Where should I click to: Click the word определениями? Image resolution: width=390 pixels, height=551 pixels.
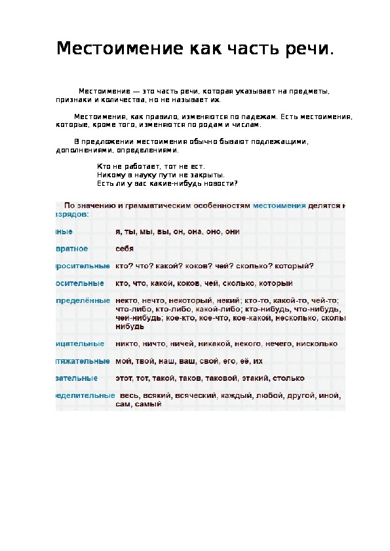[147, 150]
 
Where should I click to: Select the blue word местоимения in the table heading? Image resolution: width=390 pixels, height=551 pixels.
[280, 205]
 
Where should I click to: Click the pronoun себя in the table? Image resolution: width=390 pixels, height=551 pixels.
[125, 249]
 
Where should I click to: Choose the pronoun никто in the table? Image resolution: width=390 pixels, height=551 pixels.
[126, 344]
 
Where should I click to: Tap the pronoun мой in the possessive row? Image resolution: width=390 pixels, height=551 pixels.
[123, 361]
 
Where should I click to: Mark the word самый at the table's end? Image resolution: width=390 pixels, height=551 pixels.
[149, 404]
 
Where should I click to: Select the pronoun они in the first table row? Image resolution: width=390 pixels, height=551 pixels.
[232, 232]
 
